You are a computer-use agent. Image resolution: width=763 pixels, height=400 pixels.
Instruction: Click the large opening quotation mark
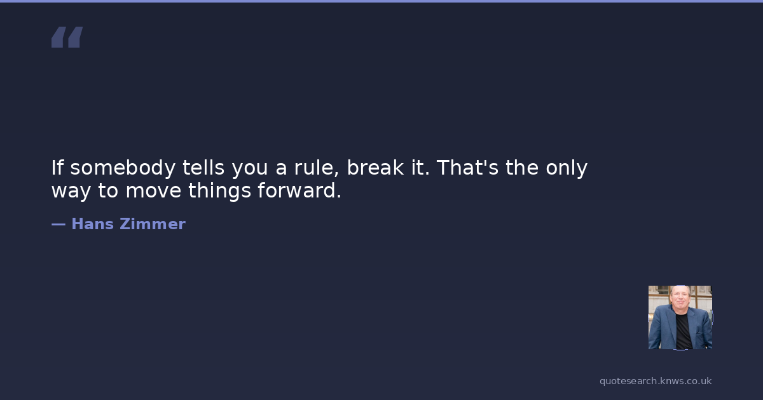click(x=67, y=37)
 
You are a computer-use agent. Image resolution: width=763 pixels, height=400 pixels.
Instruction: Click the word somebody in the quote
click(x=123, y=168)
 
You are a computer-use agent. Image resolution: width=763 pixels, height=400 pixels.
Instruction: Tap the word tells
click(x=203, y=168)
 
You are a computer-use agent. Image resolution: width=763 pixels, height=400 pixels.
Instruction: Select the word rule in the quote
click(x=317, y=168)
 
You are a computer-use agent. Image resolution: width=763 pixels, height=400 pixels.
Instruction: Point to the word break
click(x=375, y=168)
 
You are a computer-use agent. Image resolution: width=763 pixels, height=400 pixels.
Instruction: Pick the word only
click(x=567, y=168)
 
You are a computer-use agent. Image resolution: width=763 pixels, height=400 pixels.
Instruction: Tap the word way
click(x=71, y=192)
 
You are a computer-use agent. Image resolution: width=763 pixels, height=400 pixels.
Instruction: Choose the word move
click(x=153, y=190)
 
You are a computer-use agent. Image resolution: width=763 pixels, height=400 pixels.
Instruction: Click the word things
click(x=220, y=191)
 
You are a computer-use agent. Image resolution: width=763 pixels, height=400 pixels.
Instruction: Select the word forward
click(x=299, y=190)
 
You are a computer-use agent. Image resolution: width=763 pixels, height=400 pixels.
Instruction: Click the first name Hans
click(x=93, y=223)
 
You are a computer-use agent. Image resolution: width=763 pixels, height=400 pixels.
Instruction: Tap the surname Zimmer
click(x=153, y=223)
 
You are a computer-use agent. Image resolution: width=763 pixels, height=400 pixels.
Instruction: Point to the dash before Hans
click(x=58, y=225)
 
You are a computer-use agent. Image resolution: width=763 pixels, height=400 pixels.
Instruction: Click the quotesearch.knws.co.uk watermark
click(x=656, y=382)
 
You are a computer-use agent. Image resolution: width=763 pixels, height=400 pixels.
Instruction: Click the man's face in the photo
click(x=680, y=298)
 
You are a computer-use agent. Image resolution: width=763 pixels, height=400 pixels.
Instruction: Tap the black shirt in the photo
click(x=684, y=331)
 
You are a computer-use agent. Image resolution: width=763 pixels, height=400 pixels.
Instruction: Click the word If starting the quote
click(x=57, y=168)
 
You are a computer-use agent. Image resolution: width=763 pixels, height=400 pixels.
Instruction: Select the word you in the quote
click(x=250, y=170)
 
